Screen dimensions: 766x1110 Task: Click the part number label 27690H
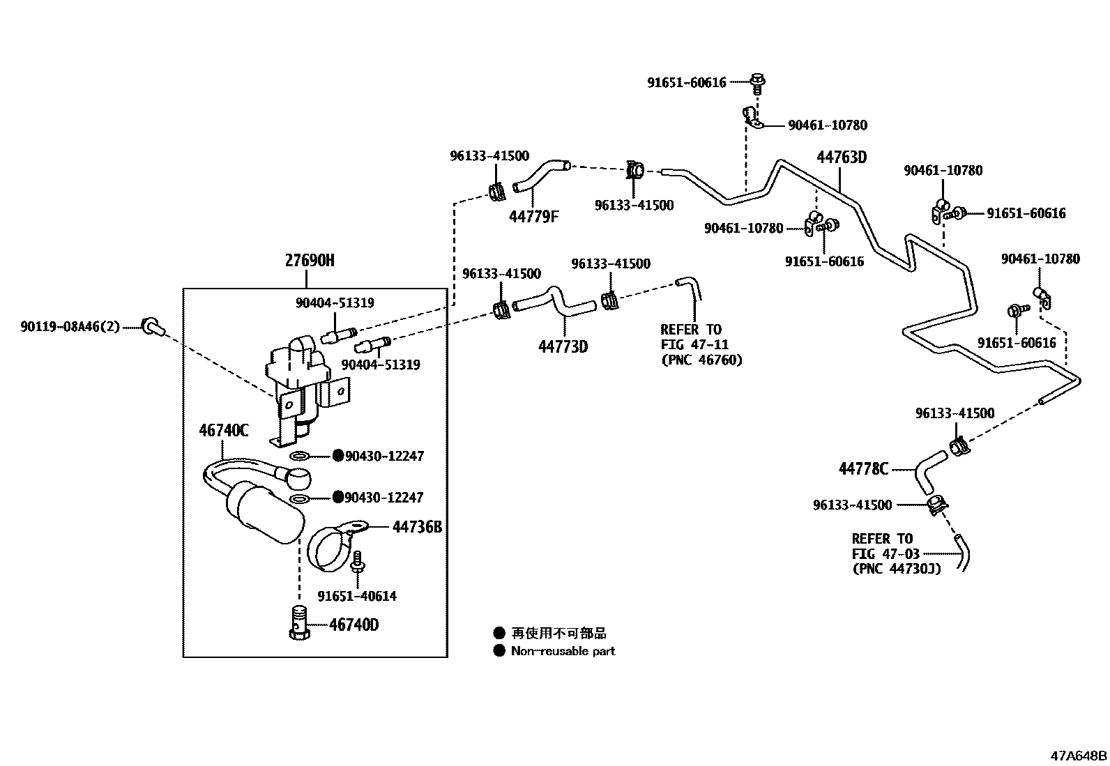(310, 261)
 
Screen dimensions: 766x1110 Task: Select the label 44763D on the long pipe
(842, 157)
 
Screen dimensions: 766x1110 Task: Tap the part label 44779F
(533, 217)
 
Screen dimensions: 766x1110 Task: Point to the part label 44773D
(563, 346)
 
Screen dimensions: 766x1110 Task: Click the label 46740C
(223, 430)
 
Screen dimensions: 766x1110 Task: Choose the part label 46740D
(353, 625)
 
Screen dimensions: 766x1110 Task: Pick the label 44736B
(417, 527)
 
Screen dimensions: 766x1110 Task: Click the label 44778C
(863, 469)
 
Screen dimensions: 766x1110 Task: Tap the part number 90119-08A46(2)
(70, 325)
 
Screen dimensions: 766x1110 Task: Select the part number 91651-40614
(357, 596)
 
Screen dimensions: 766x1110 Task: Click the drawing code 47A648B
(1079, 755)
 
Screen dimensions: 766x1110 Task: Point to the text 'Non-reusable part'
(563, 651)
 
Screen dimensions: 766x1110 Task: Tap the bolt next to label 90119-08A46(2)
(151, 325)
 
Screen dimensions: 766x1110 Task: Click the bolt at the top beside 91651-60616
(758, 83)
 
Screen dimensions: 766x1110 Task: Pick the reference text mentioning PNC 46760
(701, 345)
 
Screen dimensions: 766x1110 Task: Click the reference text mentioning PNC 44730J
(896, 554)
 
